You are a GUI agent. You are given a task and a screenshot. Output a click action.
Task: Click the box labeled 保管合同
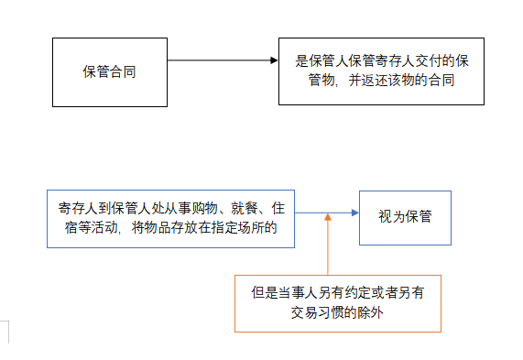[110, 71]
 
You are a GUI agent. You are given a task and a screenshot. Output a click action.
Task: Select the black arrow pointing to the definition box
[220, 60]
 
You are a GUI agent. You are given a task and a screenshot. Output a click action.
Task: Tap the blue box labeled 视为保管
[405, 218]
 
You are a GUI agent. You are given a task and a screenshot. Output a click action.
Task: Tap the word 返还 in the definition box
[366, 81]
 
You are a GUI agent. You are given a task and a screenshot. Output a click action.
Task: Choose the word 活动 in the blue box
[104, 227]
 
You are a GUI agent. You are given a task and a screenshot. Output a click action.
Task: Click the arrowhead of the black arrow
[272, 60]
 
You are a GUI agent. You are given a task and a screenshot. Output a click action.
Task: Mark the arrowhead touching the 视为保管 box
[354, 213]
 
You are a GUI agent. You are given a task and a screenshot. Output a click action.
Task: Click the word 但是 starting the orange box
[262, 294]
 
